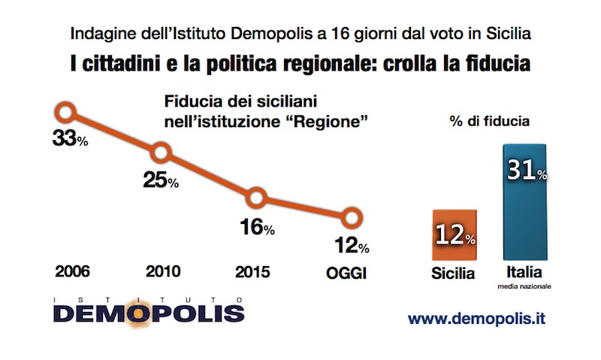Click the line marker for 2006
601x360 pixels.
tap(65, 113)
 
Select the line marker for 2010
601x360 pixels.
tap(161, 153)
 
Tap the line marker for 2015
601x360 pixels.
tap(257, 198)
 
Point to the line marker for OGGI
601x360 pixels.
tap(352, 219)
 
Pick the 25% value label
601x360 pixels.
tap(161, 180)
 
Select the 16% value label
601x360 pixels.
tap(257, 227)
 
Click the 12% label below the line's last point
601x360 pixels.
tap(352, 246)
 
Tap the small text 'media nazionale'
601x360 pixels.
tap(525, 286)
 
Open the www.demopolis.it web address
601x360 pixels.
tap(476, 318)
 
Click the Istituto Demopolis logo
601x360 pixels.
tap(149, 309)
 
